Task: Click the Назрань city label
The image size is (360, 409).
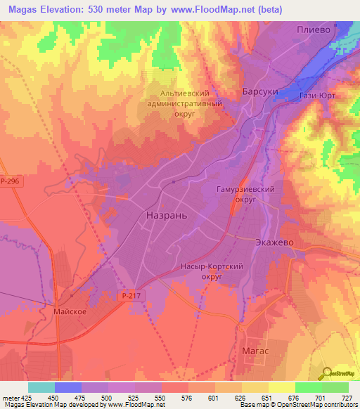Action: [x=167, y=215]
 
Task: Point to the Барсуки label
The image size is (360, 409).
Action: [x=261, y=92]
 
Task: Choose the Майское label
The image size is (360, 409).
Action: [x=68, y=309]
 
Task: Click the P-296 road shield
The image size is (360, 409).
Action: [x=11, y=181]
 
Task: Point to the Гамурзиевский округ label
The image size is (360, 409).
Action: [x=243, y=195]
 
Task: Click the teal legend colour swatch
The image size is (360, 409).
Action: [x=41, y=387]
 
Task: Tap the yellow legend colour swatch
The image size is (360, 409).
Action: [x=282, y=387]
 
